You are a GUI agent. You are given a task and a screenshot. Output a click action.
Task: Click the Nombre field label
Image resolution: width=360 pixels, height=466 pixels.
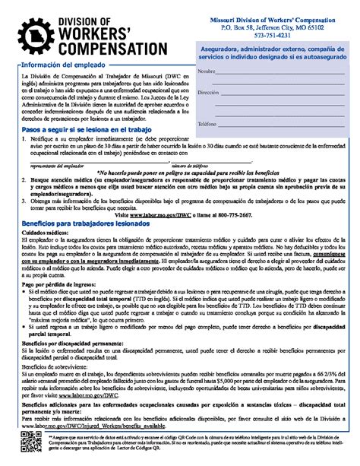point(206,71)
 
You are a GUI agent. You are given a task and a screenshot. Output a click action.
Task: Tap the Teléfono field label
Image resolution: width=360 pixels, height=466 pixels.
point(207,122)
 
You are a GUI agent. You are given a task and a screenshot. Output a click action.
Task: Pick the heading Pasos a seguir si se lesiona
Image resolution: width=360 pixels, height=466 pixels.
point(81,132)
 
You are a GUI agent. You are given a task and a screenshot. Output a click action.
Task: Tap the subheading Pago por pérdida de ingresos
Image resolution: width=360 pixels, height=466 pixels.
point(58,283)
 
